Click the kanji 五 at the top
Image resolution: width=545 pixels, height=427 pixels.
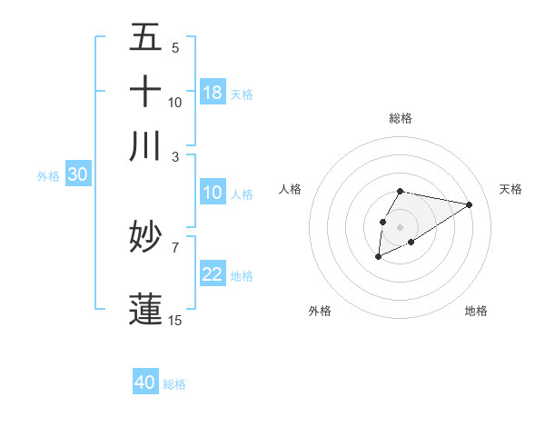pyautogui.click(x=146, y=37)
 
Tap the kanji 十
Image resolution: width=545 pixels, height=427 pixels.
pyautogui.click(x=146, y=91)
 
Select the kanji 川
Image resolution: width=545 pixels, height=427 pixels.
pyautogui.click(x=146, y=145)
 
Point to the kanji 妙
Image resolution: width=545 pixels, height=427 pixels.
pyautogui.click(x=146, y=239)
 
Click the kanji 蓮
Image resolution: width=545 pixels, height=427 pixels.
pyautogui.click(x=146, y=307)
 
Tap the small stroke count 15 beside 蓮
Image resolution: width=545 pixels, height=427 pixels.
pyautogui.click(x=175, y=321)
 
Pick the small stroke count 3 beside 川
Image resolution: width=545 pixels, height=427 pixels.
pyautogui.click(x=176, y=156)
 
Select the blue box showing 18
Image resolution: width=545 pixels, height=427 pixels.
pyautogui.click(x=213, y=92)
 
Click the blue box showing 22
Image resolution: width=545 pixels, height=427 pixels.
pyautogui.click(x=213, y=274)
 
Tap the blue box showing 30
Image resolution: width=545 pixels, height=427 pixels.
pyautogui.click(x=77, y=175)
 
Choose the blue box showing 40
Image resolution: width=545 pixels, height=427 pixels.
pyautogui.click(x=145, y=382)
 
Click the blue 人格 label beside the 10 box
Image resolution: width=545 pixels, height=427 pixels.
pyautogui.click(x=242, y=194)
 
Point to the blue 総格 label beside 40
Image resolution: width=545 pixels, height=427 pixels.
pyautogui.click(x=174, y=384)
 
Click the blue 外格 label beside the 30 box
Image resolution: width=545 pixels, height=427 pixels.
pyautogui.click(x=47, y=177)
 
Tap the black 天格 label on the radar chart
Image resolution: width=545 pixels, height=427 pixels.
pyautogui.click(x=510, y=189)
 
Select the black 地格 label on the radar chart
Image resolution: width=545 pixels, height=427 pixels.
pyautogui.click(x=476, y=312)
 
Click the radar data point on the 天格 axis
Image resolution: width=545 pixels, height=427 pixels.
pyautogui.click(x=469, y=204)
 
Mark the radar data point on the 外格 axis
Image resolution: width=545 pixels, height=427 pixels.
pyautogui.click(x=378, y=258)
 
